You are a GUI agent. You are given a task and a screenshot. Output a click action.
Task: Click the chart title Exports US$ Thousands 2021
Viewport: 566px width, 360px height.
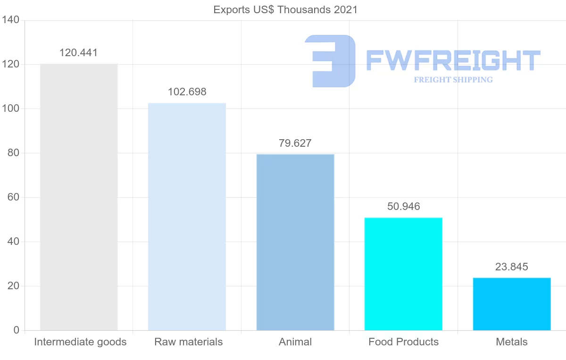tap(285, 10)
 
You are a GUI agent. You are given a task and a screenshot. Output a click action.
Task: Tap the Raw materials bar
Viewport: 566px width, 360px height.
tap(187, 217)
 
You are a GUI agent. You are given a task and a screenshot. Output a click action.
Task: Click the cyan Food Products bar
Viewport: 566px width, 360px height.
tap(403, 274)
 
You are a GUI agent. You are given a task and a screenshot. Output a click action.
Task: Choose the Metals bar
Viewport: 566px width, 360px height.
tap(512, 304)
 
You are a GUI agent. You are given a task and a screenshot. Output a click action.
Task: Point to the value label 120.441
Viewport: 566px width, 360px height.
tap(79, 53)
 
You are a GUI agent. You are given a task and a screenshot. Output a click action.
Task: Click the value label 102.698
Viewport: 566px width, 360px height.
tap(187, 92)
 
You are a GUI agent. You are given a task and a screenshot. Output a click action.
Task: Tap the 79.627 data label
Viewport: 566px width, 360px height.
tap(295, 143)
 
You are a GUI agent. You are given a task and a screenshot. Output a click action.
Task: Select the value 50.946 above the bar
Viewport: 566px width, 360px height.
tap(403, 206)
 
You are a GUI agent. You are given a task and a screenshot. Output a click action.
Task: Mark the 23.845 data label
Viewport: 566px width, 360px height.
tap(512, 267)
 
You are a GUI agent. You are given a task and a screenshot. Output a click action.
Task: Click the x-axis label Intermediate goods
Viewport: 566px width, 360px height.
tap(80, 342)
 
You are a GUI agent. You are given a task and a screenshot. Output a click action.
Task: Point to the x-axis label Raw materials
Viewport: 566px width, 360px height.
tap(188, 342)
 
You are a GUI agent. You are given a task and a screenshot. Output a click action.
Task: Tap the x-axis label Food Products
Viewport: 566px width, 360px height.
tap(403, 342)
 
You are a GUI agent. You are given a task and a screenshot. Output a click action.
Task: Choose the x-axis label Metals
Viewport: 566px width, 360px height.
tap(512, 342)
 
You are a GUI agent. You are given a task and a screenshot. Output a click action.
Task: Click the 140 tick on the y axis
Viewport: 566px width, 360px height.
tap(10, 20)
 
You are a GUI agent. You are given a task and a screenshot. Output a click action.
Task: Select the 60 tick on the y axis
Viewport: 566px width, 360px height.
tap(13, 197)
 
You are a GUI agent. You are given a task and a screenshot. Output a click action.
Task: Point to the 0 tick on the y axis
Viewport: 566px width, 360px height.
tap(16, 330)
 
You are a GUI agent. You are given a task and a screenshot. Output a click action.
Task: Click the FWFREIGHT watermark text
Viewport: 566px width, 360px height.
tap(453, 60)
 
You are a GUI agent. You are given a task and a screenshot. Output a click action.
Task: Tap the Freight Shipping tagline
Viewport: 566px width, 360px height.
tap(453, 80)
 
